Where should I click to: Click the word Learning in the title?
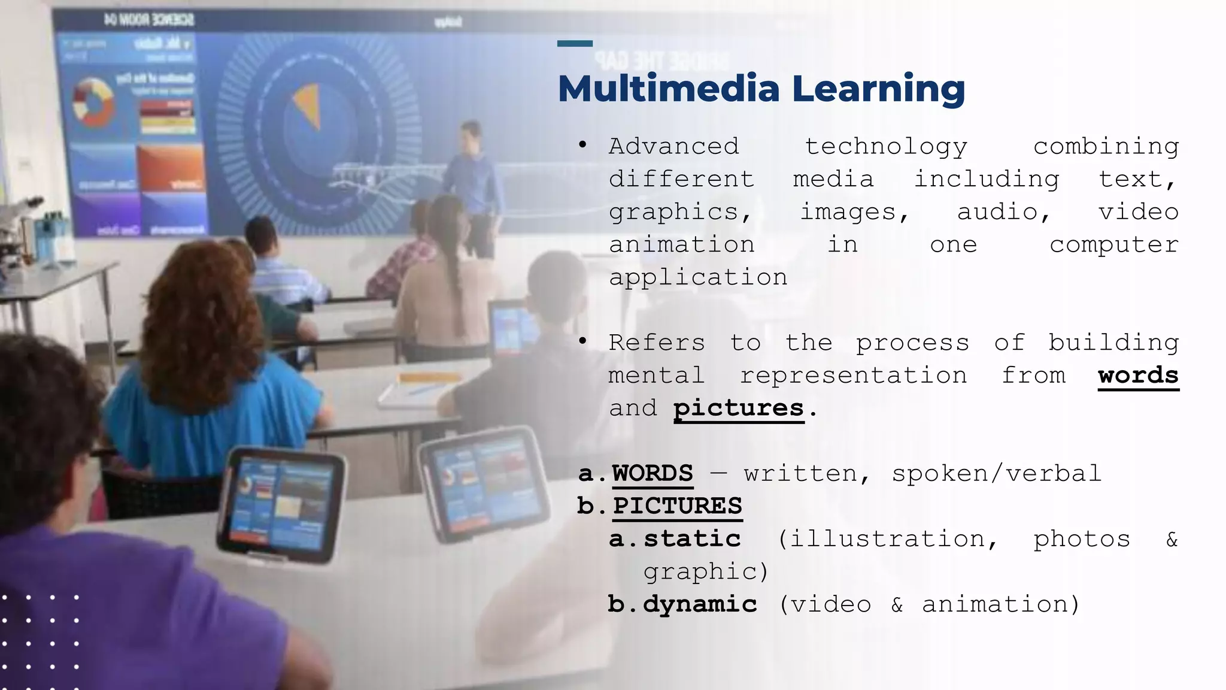click(x=878, y=90)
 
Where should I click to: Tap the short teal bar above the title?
click(x=575, y=43)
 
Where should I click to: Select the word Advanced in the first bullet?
click(x=674, y=146)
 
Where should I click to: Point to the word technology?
click(x=886, y=147)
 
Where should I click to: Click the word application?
click(x=698, y=278)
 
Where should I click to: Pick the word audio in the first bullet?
click(x=1004, y=212)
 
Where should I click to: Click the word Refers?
click(x=657, y=343)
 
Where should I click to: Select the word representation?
click(x=853, y=376)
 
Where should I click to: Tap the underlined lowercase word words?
click(x=1138, y=376)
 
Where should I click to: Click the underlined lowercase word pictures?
click(x=738, y=408)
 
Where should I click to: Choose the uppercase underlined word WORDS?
click(x=653, y=473)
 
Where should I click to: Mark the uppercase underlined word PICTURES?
click(x=677, y=506)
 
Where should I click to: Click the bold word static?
click(x=692, y=539)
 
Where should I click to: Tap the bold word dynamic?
click(x=700, y=604)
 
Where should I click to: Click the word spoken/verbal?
click(x=996, y=474)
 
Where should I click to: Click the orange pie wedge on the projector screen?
click(x=308, y=105)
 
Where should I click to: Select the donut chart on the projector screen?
click(x=93, y=102)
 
